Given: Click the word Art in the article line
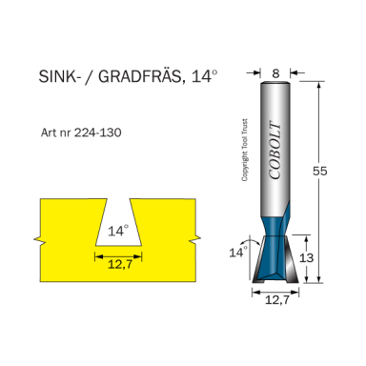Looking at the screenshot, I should pos(50,132).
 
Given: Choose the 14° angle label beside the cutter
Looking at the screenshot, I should pos(236,252).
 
